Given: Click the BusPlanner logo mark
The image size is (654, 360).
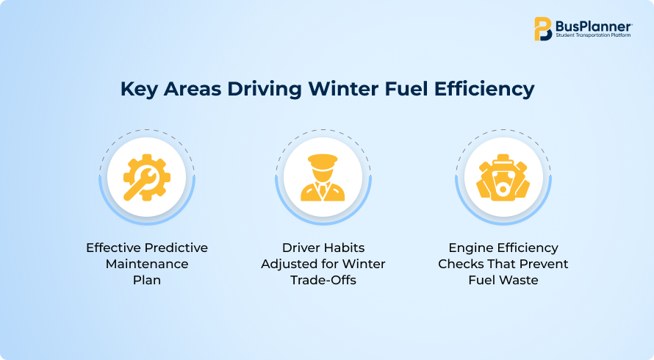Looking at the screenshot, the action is coord(543,29).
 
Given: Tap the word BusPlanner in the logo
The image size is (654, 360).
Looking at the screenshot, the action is coord(594,26).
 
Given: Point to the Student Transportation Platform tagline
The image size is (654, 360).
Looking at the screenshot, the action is coord(593,35).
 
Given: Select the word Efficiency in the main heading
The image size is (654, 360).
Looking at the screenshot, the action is coord(484,90).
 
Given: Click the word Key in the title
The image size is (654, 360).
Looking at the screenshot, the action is coord(139,90).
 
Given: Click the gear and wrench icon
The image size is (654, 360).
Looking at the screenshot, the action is coord(146,177).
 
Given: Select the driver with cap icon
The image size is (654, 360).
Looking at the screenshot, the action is coord(323,178).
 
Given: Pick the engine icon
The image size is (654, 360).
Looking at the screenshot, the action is coord(503,177).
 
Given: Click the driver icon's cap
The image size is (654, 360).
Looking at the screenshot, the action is coord(323,160).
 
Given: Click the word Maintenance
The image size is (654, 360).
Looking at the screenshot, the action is coord(147,264).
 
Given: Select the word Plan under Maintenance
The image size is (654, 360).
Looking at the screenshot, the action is coord(147,280).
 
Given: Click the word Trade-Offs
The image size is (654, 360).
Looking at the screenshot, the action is coord(323,280).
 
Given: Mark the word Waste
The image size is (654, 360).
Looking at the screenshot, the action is coord(520,280).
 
